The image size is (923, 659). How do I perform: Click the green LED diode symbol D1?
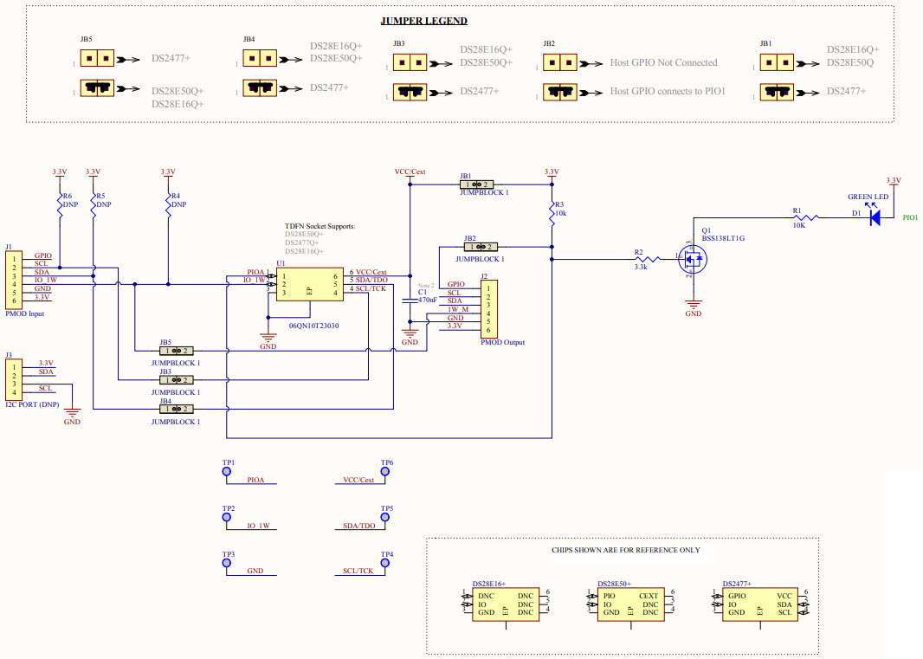(x=875, y=218)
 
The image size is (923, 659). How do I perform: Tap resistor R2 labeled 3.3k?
(x=641, y=258)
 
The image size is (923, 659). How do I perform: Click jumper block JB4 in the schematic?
(x=177, y=409)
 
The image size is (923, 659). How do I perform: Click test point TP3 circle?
(x=228, y=564)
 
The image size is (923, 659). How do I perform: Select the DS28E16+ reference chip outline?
(x=505, y=604)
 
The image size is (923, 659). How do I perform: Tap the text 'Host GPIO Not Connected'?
(x=663, y=62)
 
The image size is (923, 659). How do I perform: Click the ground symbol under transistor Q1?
(x=693, y=304)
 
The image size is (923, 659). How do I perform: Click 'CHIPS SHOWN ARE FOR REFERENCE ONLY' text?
(x=625, y=550)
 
